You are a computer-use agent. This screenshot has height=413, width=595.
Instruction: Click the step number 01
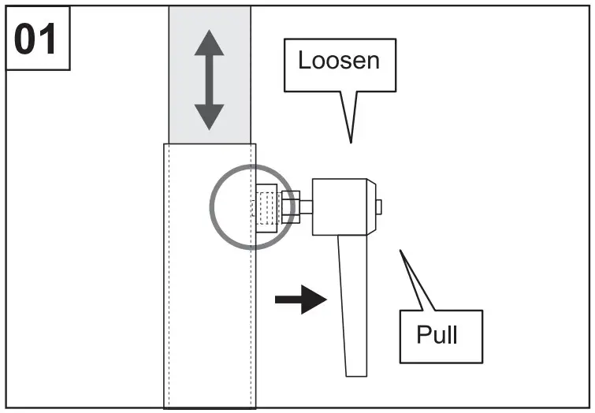coord(37,39)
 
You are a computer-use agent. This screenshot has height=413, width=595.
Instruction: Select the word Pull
coord(437,335)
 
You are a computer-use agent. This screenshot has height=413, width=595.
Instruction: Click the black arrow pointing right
coord(300,299)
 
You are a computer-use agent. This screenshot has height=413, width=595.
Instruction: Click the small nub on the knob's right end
coord(378,206)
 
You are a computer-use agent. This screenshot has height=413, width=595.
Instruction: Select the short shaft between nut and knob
coord(305,207)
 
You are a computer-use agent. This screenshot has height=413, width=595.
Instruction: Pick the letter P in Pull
coord(423,335)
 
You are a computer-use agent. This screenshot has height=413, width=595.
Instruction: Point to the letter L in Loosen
coord(304,61)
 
